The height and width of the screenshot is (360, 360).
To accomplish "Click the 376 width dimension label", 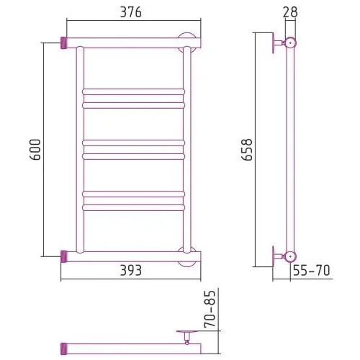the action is pos(131,12).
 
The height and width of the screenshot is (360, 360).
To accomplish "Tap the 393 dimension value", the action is pos(131,271).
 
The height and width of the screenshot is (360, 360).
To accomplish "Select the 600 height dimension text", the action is pos(36,150).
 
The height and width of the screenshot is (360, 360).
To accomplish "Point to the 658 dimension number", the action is pos(246,150).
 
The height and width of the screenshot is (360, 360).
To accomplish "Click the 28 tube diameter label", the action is pos(290,12).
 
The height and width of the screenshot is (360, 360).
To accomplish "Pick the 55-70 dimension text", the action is pos(312,271).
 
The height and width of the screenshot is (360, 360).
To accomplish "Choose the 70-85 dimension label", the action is pos(210,309).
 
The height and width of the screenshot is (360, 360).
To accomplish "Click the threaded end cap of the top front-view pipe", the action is pos(63,43).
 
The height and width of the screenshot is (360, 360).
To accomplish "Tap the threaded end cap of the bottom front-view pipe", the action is pos(63,256).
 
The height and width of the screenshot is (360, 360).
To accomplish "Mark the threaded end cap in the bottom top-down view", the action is pos(63,348).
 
